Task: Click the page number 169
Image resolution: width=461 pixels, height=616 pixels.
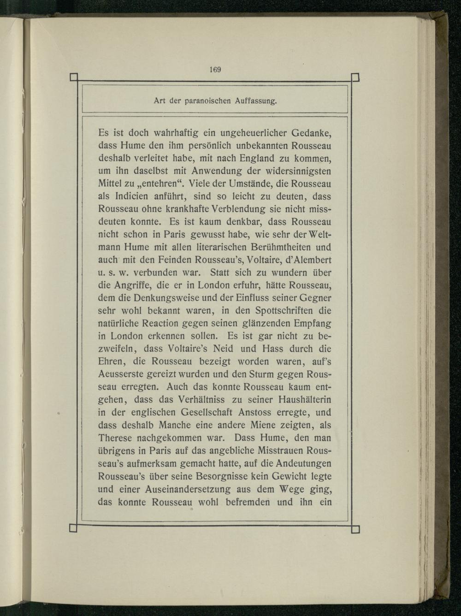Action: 215,70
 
